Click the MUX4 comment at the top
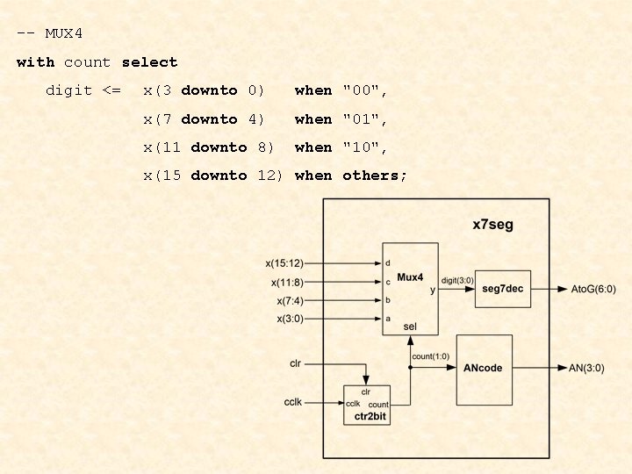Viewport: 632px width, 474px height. click(x=50, y=34)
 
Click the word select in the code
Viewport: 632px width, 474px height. click(x=149, y=62)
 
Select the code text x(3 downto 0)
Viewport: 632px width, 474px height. click(x=204, y=90)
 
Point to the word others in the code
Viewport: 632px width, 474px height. click(x=375, y=175)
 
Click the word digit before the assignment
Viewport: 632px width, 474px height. click(x=68, y=90)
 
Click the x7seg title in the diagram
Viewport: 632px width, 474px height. click(x=492, y=225)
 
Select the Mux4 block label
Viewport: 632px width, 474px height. click(x=410, y=277)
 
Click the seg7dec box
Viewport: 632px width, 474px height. click(x=503, y=290)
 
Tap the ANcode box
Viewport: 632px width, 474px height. click(x=484, y=368)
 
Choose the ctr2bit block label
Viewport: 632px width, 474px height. click(x=370, y=416)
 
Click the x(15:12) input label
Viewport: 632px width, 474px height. click(x=284, y=262)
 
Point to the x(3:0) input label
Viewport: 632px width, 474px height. click(x=290, y=319)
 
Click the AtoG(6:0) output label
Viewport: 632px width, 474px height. click(x=592, y=290)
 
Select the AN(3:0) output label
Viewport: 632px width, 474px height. click(x=586, y=368)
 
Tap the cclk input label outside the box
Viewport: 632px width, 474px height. click(x=294, y=401)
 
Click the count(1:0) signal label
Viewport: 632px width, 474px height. click(x=430, y=355)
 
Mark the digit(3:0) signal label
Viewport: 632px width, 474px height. click(x=457, y=281)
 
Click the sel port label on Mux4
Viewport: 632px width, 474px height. click(x=410, y=327)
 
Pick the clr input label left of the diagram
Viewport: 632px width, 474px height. click(x=296, y=363)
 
